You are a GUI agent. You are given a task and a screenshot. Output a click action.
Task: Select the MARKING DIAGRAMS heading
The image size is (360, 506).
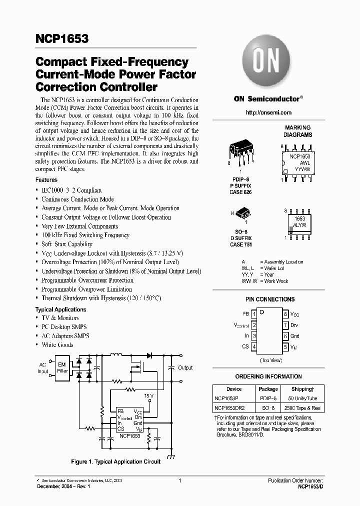click(297, 131)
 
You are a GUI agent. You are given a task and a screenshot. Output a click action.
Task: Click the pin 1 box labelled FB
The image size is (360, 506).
click(254, 314)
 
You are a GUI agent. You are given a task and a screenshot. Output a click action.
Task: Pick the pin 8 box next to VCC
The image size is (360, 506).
click(285, 314)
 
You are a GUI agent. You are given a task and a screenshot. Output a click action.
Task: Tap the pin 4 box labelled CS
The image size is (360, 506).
click(254, 346)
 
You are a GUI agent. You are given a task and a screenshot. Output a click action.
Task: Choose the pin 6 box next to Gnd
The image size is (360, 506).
click(285, 336)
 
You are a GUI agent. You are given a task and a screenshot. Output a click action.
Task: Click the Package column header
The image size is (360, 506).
click(268, 389)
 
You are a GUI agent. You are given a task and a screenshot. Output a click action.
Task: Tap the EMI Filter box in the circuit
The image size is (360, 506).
click(62, 367)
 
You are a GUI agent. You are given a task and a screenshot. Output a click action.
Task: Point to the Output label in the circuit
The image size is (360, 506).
click(185, 368)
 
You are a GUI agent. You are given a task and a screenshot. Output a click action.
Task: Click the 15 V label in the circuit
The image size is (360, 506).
click(148, 395)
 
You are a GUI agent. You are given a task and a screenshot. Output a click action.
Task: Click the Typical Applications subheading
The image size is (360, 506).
click(60, 309)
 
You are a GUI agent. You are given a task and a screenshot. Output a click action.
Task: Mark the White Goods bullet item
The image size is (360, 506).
click(57, 345)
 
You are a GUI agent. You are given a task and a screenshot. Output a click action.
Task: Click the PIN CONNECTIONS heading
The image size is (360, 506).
click(270, 299)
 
